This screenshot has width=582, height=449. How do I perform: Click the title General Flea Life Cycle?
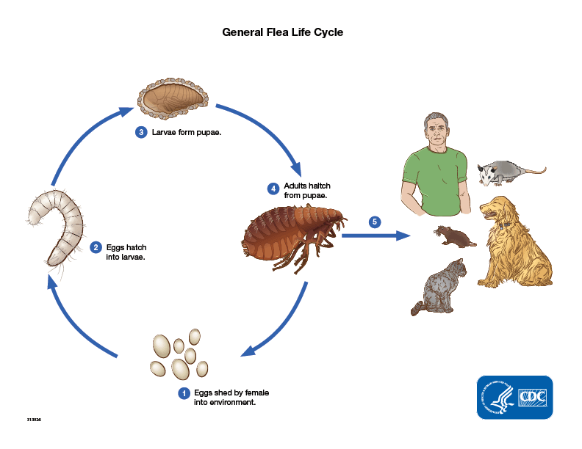pyautogui.click(x=283, y=32)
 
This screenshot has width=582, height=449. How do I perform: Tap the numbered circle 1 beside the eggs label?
pyautogui.click(x=184, y=393)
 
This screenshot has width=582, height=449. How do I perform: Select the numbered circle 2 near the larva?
pyautogui.click(x=96, y=247)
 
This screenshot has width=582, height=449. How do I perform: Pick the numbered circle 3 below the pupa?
pyautogui.click(x=141, y=133)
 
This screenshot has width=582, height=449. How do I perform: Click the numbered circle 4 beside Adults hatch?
pyautogui.click(x=273, y=189)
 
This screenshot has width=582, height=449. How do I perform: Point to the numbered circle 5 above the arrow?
pyautogui.click(x=375, y=222)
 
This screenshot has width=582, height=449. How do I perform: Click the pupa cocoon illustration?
pyautogui.click(x=173, y=101)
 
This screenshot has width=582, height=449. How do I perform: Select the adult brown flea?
pyautogui.click(x=294, y=231)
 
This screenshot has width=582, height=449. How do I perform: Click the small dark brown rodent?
pyautogui.click(x=454, y=236)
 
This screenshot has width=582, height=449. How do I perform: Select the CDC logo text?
pyautogui.click(x=534, y=398)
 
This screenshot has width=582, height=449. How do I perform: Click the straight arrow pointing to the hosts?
pyautogui.click(x=375, y=236)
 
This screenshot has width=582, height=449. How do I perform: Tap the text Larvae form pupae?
pyautogui.click(x=187, y=133)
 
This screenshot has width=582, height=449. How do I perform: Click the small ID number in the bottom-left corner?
pyautogui.click(x=33, y=419)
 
